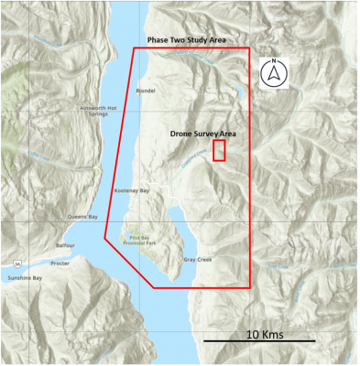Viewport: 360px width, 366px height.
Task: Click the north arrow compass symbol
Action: pos(274,71)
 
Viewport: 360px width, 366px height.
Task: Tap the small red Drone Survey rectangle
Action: pos(219,151)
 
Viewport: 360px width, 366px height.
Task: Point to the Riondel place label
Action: pos(146,91)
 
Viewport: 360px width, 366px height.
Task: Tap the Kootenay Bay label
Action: pos(130,190)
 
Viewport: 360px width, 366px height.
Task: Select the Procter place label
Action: pos(60,263)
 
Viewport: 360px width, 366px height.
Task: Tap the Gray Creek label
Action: pos(197,260)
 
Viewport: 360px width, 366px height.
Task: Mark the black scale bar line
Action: pos(258,341)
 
